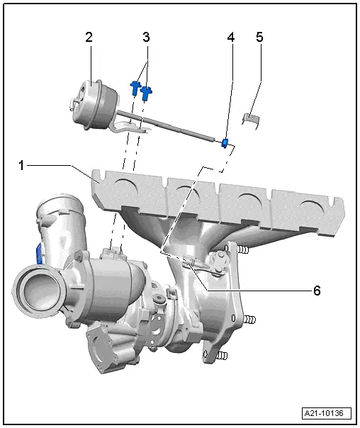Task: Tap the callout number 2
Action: click(89, 38)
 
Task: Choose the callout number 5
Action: click(259, 38)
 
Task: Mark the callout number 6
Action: click(317, 291)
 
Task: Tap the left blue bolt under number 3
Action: click(135, 87)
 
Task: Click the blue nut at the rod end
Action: click(225, 144)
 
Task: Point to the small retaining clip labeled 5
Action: click(250, 117)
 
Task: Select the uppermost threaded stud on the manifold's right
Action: click(242, 250)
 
